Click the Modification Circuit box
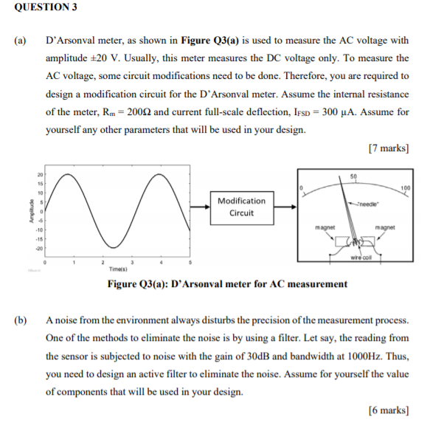point(241,207)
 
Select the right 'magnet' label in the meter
point(385,227)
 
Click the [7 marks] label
point(387,148)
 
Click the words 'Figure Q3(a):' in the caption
point(139,284)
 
